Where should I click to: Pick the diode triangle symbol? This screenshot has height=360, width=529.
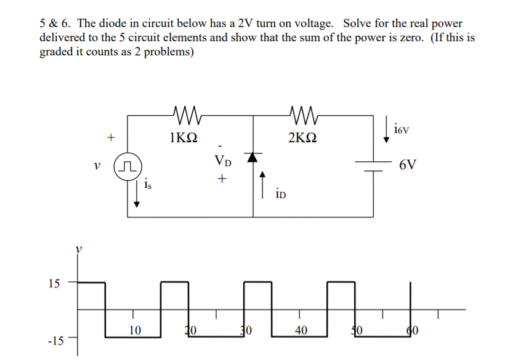tap(253, 158)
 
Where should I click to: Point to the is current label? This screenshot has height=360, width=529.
tap(147, 183)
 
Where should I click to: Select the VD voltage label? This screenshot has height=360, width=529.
tap(223, 161)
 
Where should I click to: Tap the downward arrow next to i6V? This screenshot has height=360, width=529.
tap(386, 130)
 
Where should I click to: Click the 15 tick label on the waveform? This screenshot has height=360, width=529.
tap(54, 284)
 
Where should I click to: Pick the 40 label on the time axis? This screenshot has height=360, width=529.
tap(301, 330)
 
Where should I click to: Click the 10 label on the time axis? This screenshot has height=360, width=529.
tap(135, 330)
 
